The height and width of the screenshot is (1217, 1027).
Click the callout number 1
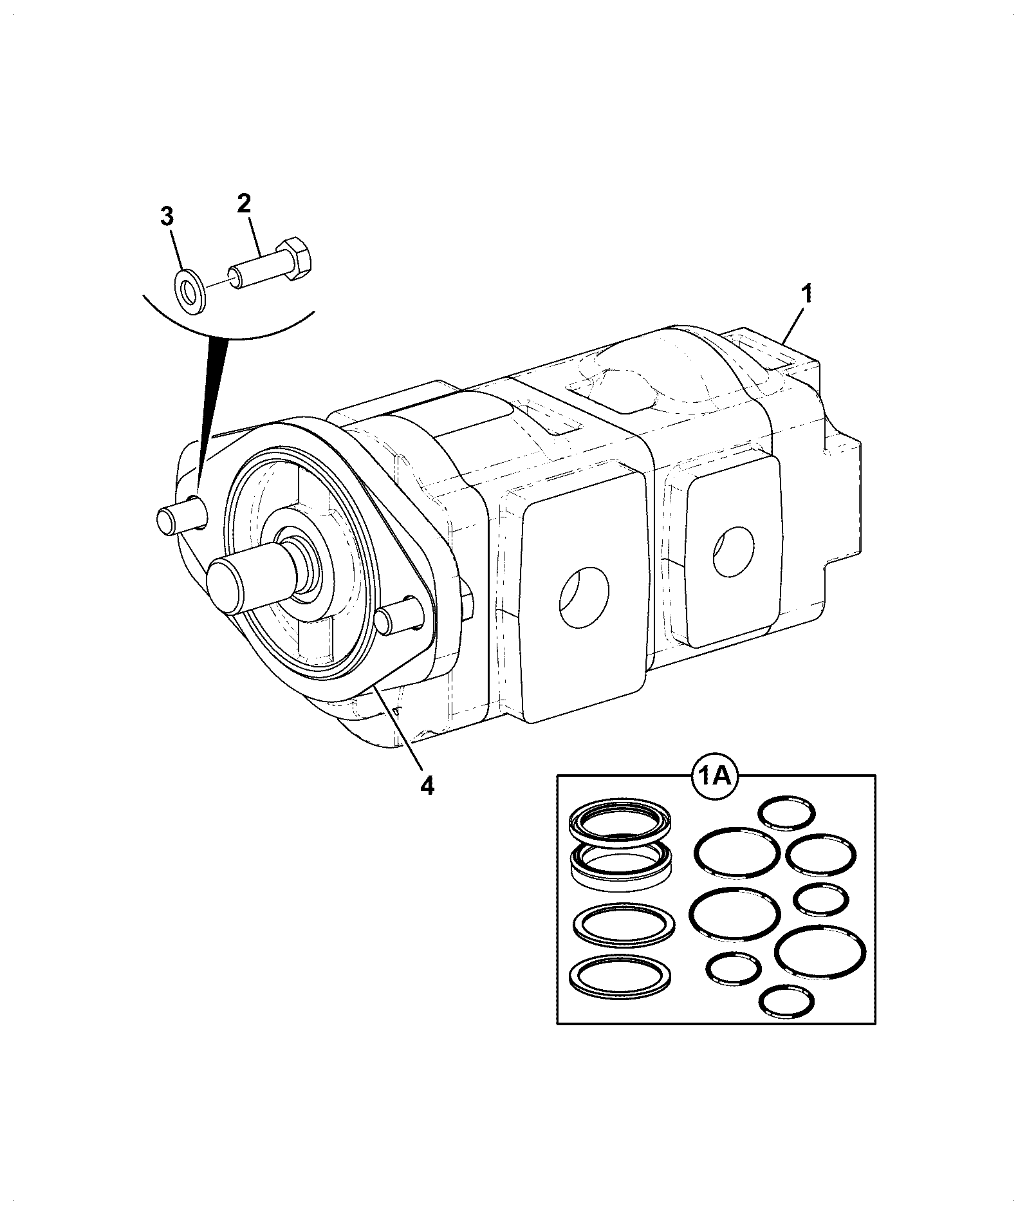tap(805, 297)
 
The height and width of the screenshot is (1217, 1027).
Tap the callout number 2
tap(244, 204)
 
